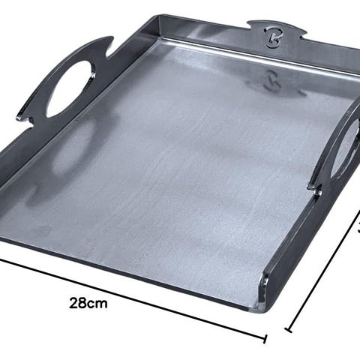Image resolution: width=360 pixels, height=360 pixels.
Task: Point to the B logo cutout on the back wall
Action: coord(272,37)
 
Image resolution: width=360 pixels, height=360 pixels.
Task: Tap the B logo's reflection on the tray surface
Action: coord(271,81)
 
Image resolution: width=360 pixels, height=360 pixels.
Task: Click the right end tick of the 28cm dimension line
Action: coord(265,339)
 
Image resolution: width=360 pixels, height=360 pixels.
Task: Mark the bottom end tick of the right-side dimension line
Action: coord(289,330)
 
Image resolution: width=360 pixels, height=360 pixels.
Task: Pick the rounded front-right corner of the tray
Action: coord(265,308)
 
